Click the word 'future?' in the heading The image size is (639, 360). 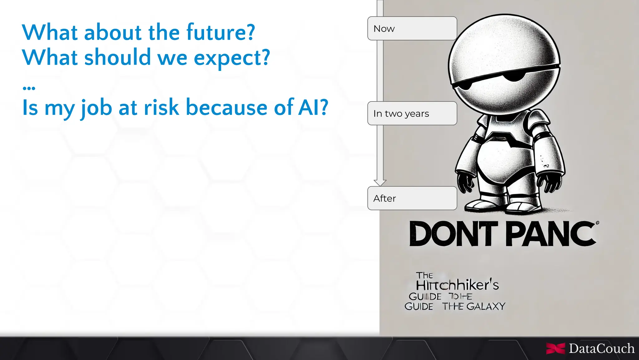coord(221,32)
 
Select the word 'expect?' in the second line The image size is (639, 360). coord(232,58)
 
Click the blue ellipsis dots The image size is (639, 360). coord(29,88)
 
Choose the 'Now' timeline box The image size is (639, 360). coord(412,28)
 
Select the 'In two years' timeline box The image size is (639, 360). coord(412,113)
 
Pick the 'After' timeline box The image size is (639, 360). coord(412,198)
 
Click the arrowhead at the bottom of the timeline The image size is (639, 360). coord(380,183)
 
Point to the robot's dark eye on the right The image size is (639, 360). coord(515,76)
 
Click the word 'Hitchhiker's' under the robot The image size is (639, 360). coord(457,285)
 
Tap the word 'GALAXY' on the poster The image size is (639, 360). coord(486,306)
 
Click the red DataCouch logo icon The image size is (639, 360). coord(555,348)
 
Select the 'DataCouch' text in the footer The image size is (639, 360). coord(601,348)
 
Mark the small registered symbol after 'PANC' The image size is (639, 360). coord(598,223)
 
